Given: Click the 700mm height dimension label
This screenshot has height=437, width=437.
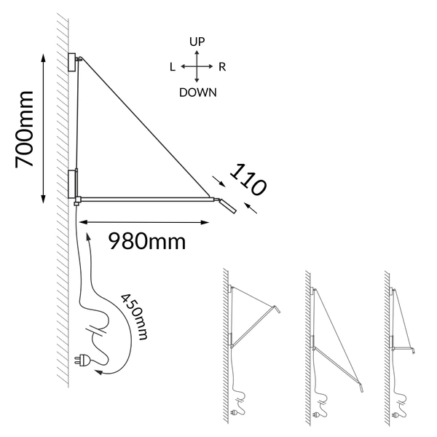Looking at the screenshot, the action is coord(24,130).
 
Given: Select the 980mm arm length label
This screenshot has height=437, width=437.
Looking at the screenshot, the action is coord(147,241).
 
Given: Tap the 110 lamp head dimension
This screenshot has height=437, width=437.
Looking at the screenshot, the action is coord(248,180).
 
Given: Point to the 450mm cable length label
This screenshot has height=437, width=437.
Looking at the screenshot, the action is coord(134,317).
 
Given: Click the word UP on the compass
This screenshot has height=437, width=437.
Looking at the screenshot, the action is coord(197,42).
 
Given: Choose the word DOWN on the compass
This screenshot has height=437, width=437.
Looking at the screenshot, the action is coord(198,92).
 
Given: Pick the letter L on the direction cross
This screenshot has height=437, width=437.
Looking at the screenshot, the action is coord(173,67).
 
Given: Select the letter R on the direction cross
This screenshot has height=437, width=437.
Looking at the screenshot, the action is coord(222,67).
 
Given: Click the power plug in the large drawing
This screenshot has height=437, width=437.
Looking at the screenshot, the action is coord(82,360).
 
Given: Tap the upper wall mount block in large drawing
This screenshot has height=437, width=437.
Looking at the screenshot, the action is coord(72,62).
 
